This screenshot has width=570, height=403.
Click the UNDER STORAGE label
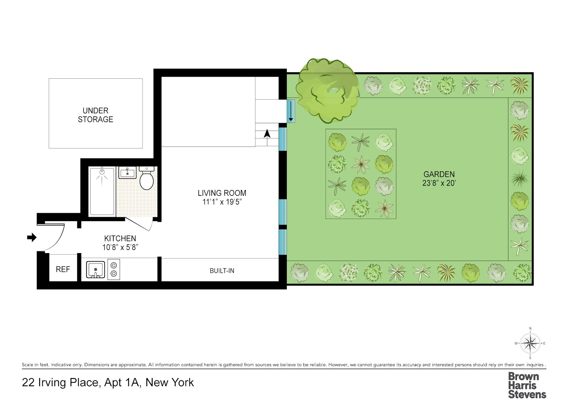click(x=95, y=115)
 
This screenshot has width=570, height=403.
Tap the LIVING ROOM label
click(x=222, y=193)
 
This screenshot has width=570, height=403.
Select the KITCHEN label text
click(x=120, y=239)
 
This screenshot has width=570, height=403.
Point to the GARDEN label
click(x=439, y=174)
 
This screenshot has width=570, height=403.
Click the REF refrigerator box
click(x=63, y=269)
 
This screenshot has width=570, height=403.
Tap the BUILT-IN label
click(x=222, y=271)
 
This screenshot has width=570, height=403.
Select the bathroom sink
click(x=127, y=173)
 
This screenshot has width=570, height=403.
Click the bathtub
click(x=102, y=191)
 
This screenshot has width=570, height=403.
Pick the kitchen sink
click(x=95, y=269)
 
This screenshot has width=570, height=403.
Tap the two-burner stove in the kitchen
click(x=114, y=269)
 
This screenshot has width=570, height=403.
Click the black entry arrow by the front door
click(x=32, y=237)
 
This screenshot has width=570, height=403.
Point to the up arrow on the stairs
click(x=267, y=134)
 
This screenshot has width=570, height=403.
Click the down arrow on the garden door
click(x=291, y=111)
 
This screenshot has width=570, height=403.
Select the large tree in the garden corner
click(x=327, y=90)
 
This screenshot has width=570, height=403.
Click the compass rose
click(x=530, y=344)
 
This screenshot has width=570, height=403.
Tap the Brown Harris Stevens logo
click(x=527, y=385)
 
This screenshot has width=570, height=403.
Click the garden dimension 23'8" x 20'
click(x=439, y=183)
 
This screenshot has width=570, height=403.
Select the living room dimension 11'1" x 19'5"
click(x=222, y=202)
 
